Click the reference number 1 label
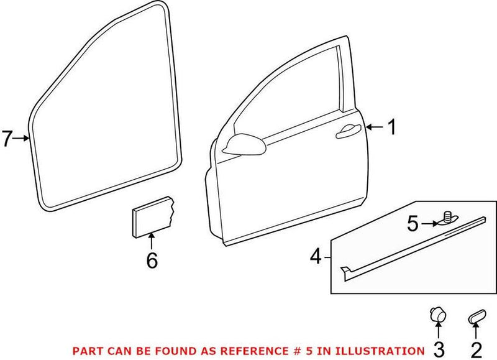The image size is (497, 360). click(392, 127)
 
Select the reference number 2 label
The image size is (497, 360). click(476, 350)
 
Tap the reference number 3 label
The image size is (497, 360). click(439, 350)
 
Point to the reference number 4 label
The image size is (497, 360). click(316, 257)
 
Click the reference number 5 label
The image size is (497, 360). click(413, 224)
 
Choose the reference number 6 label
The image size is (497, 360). click(152, 261)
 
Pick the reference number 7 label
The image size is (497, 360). click(7, 138)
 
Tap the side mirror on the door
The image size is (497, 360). click(244, 144)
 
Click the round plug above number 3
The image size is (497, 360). click(437, 315)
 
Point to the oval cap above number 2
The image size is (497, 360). click(476, 316)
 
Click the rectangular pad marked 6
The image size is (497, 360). click(153, 217)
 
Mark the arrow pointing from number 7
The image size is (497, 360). click(21, 138)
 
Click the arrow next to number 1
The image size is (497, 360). click(375, 127)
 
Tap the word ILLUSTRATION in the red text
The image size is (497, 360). click(380, 351)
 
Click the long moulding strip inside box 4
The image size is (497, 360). click(413, 249)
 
